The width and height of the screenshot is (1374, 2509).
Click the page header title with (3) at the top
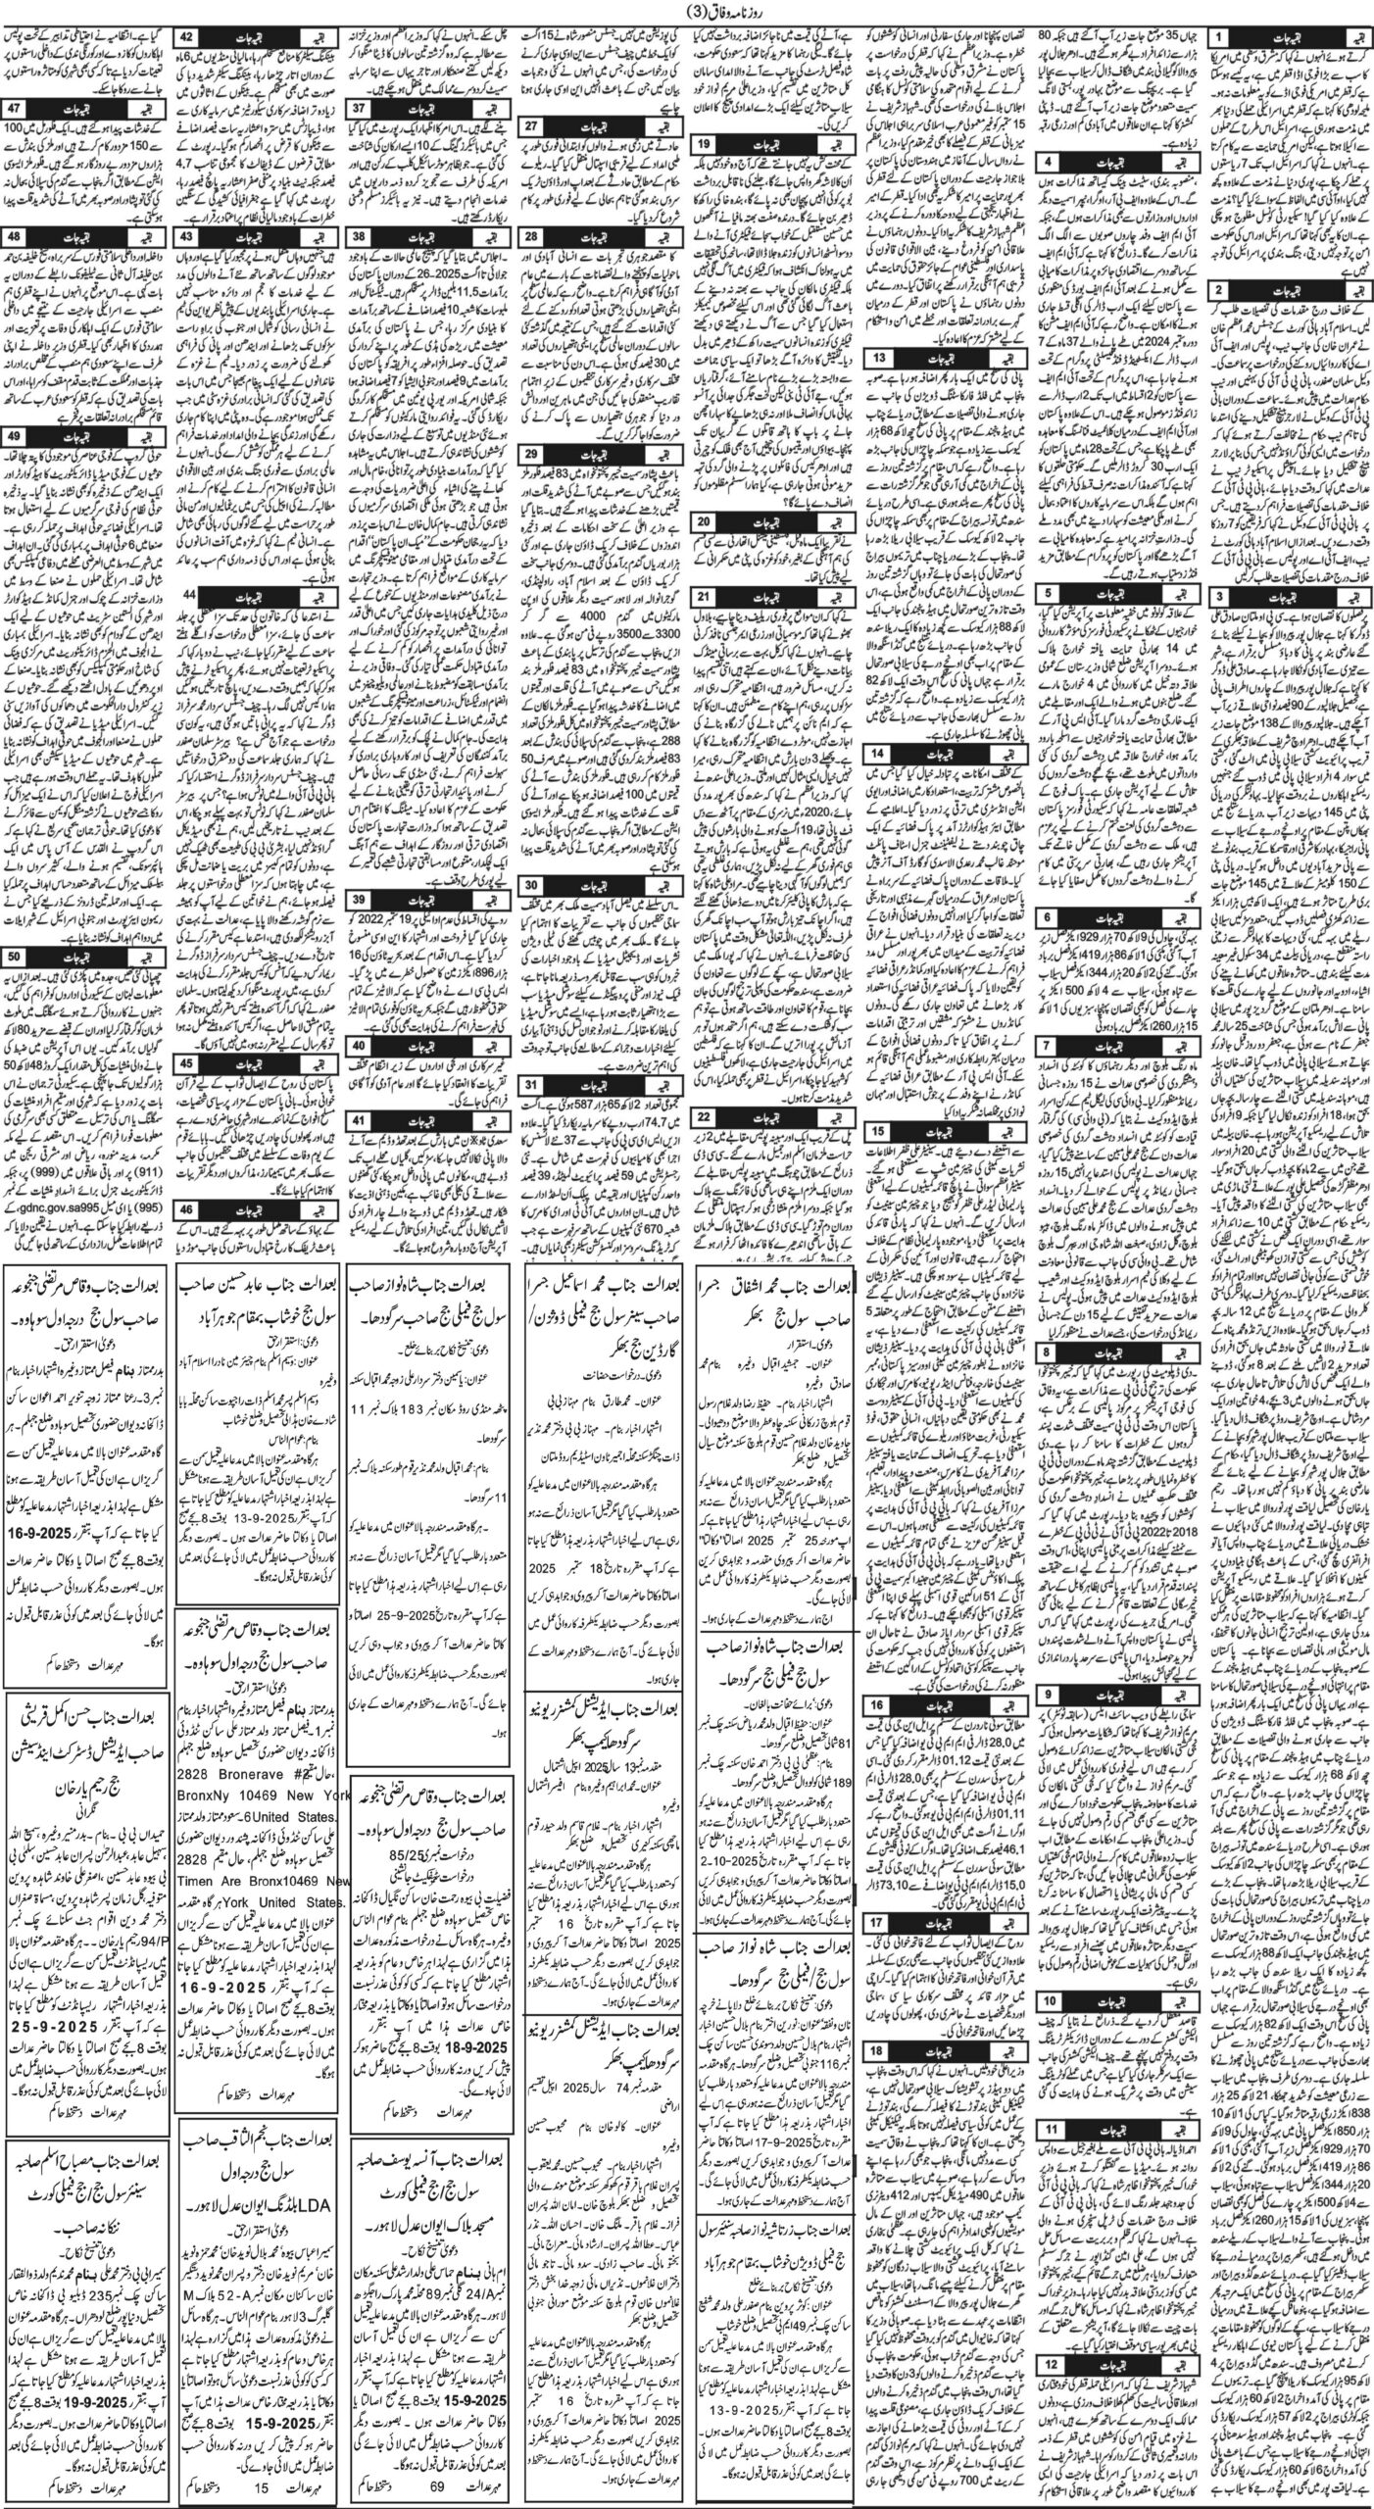tap(686, 11)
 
